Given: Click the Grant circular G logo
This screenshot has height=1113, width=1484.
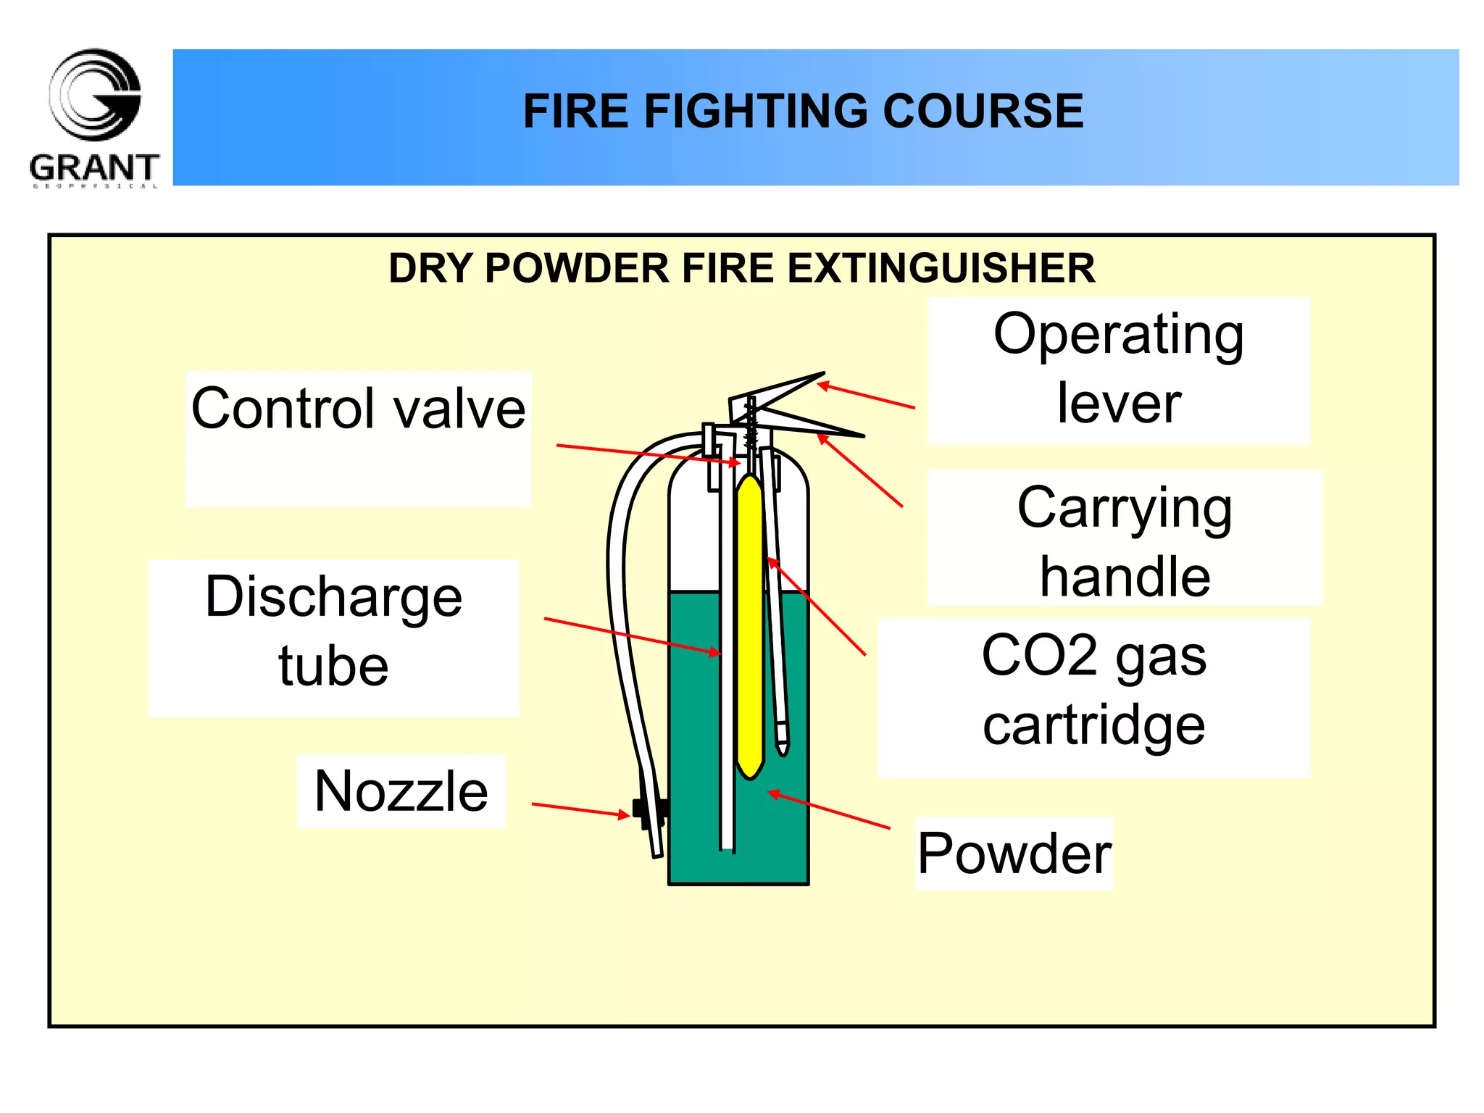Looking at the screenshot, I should [95, 94].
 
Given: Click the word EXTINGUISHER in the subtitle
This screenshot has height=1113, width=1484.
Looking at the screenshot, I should [941, 268].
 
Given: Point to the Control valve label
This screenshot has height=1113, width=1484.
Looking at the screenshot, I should [358, 409].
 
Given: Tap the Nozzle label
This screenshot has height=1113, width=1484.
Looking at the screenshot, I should [401, 791].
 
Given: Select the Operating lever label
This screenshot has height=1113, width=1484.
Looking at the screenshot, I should [1118, 368].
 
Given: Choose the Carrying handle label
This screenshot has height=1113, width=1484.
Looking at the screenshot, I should [1124, 541].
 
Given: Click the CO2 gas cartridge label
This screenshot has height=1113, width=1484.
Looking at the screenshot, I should [1093, 690].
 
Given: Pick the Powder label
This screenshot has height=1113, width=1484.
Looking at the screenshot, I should [1014, 854].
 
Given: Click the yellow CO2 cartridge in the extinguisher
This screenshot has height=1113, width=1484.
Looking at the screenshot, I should [749, 623].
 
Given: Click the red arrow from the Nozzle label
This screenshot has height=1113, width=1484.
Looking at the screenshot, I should [580, 809].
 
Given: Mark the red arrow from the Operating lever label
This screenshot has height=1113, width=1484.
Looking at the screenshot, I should [867, 396].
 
